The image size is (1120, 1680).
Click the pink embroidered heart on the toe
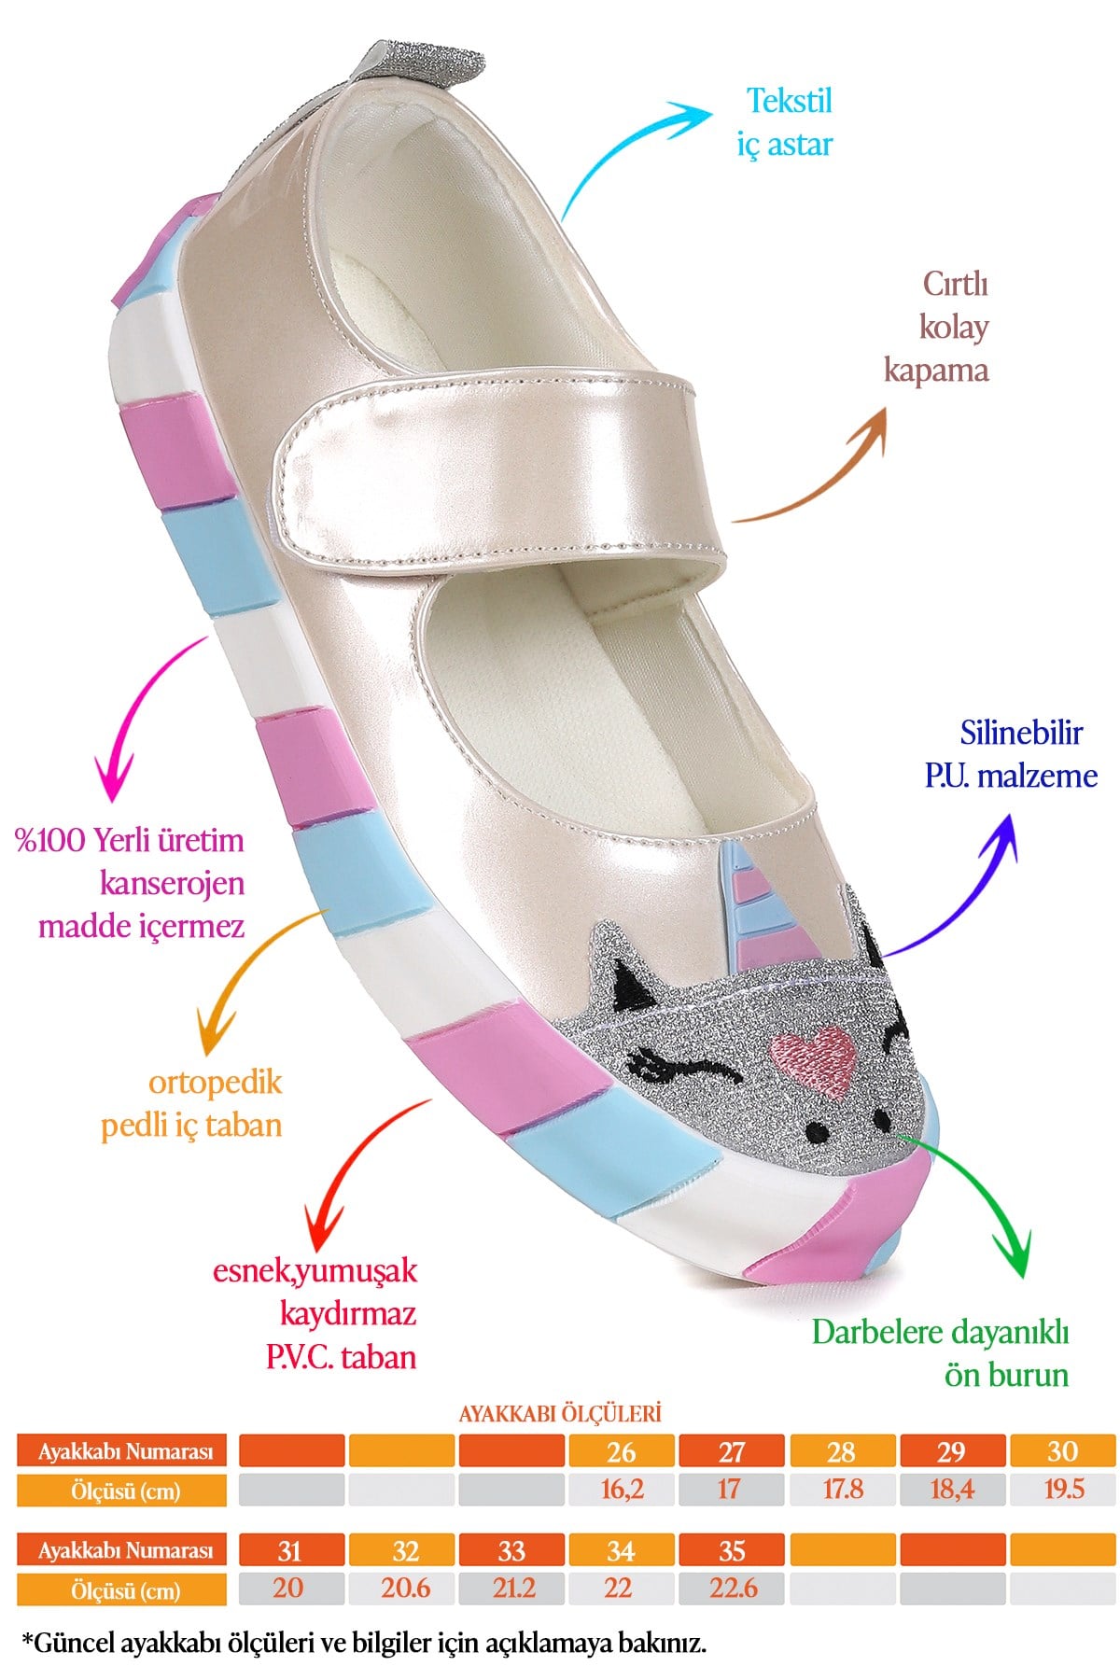point(813,1059)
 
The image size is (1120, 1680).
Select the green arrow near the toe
point(980,1195)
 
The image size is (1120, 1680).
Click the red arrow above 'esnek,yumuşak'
point(355,1167)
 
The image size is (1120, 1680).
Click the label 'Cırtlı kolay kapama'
point(937,327)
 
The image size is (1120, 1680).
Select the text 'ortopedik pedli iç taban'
point(191,1103)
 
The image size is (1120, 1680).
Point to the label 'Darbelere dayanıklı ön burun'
point(940,1353)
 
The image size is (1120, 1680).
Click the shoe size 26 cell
point(622,1451)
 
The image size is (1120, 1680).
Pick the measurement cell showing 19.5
point(1063,1489)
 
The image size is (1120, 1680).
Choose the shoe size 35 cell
point(732,1550)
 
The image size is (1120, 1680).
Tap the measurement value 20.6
point(405,1589)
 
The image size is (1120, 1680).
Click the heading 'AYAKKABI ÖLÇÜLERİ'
point(560,1413)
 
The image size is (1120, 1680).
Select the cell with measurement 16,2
point(622,1489)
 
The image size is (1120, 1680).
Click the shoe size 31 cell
point(290,1550)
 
